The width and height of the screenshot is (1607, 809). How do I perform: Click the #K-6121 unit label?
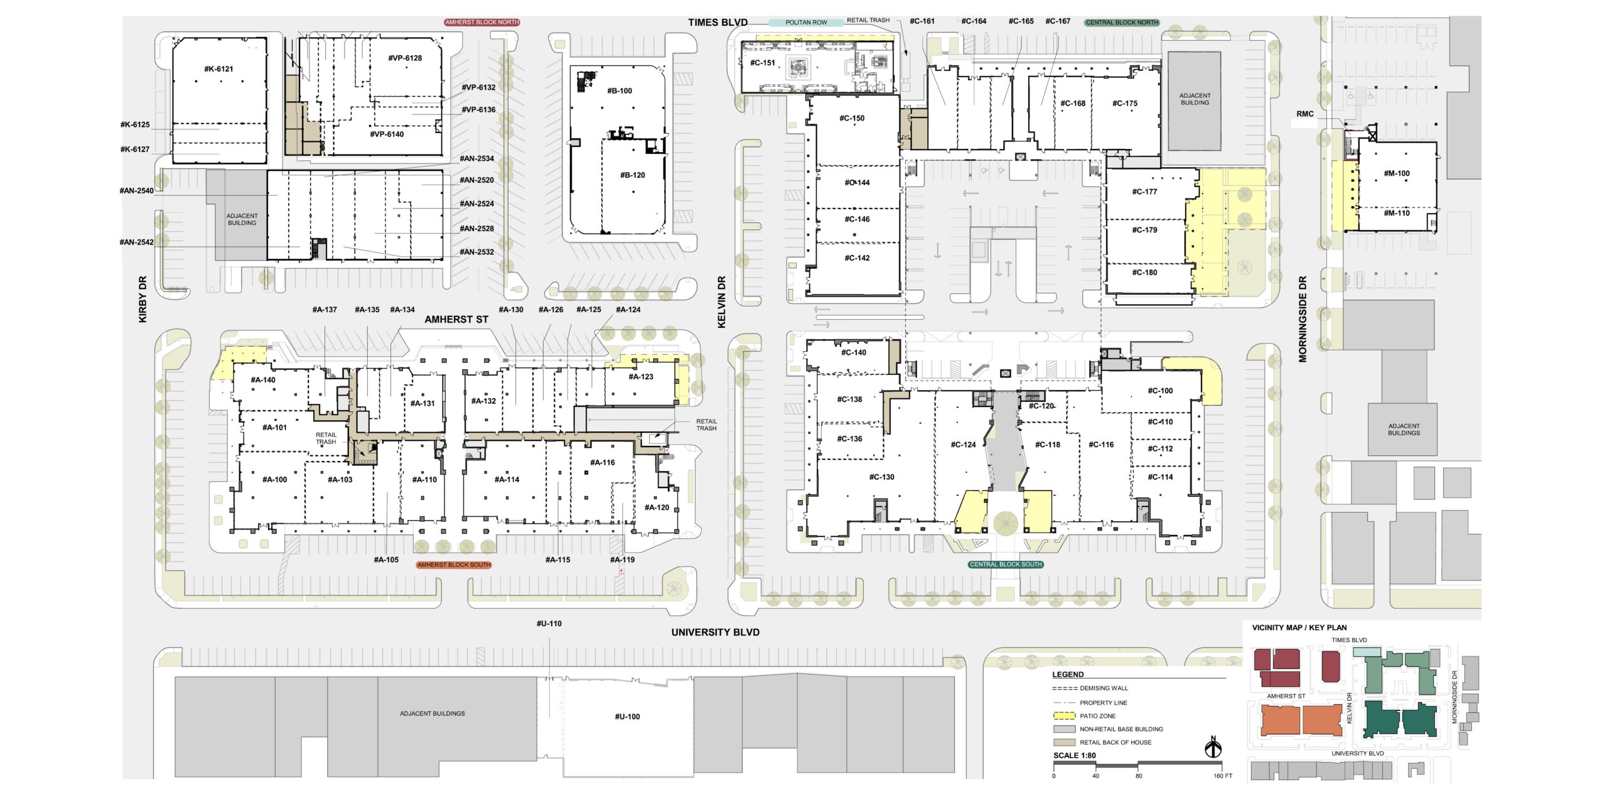point(218,69)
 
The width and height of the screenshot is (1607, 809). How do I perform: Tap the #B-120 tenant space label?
point(632,175)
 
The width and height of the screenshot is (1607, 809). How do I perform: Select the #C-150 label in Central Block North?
point(852,118)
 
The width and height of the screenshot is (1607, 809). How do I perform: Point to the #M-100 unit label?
point(1397,173)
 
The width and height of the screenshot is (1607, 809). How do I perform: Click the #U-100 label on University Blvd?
point(627,717)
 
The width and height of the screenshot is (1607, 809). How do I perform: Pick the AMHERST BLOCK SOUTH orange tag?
point(454,565)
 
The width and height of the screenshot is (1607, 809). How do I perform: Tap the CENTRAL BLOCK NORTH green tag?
point(1122,23)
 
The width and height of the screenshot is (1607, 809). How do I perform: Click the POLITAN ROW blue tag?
point(806,23)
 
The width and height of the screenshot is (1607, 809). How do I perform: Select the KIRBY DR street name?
point(142,300)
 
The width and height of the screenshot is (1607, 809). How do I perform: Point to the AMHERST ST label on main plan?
point(456,320)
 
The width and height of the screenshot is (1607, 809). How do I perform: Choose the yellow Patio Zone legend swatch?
point(1064,716)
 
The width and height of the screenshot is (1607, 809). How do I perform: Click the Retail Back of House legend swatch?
point(1064,742)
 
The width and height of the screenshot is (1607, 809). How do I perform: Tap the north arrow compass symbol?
point(1213,747)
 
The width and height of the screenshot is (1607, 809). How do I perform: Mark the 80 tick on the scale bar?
point(1138,776)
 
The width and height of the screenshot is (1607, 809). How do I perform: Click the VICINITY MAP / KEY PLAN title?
point(1299,627)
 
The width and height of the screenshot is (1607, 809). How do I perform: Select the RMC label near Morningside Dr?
point(1305,114)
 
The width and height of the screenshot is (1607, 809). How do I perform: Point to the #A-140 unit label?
point(263,380)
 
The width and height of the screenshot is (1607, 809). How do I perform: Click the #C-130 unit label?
point(881,477)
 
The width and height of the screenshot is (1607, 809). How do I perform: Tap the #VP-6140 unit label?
point(387,134)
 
